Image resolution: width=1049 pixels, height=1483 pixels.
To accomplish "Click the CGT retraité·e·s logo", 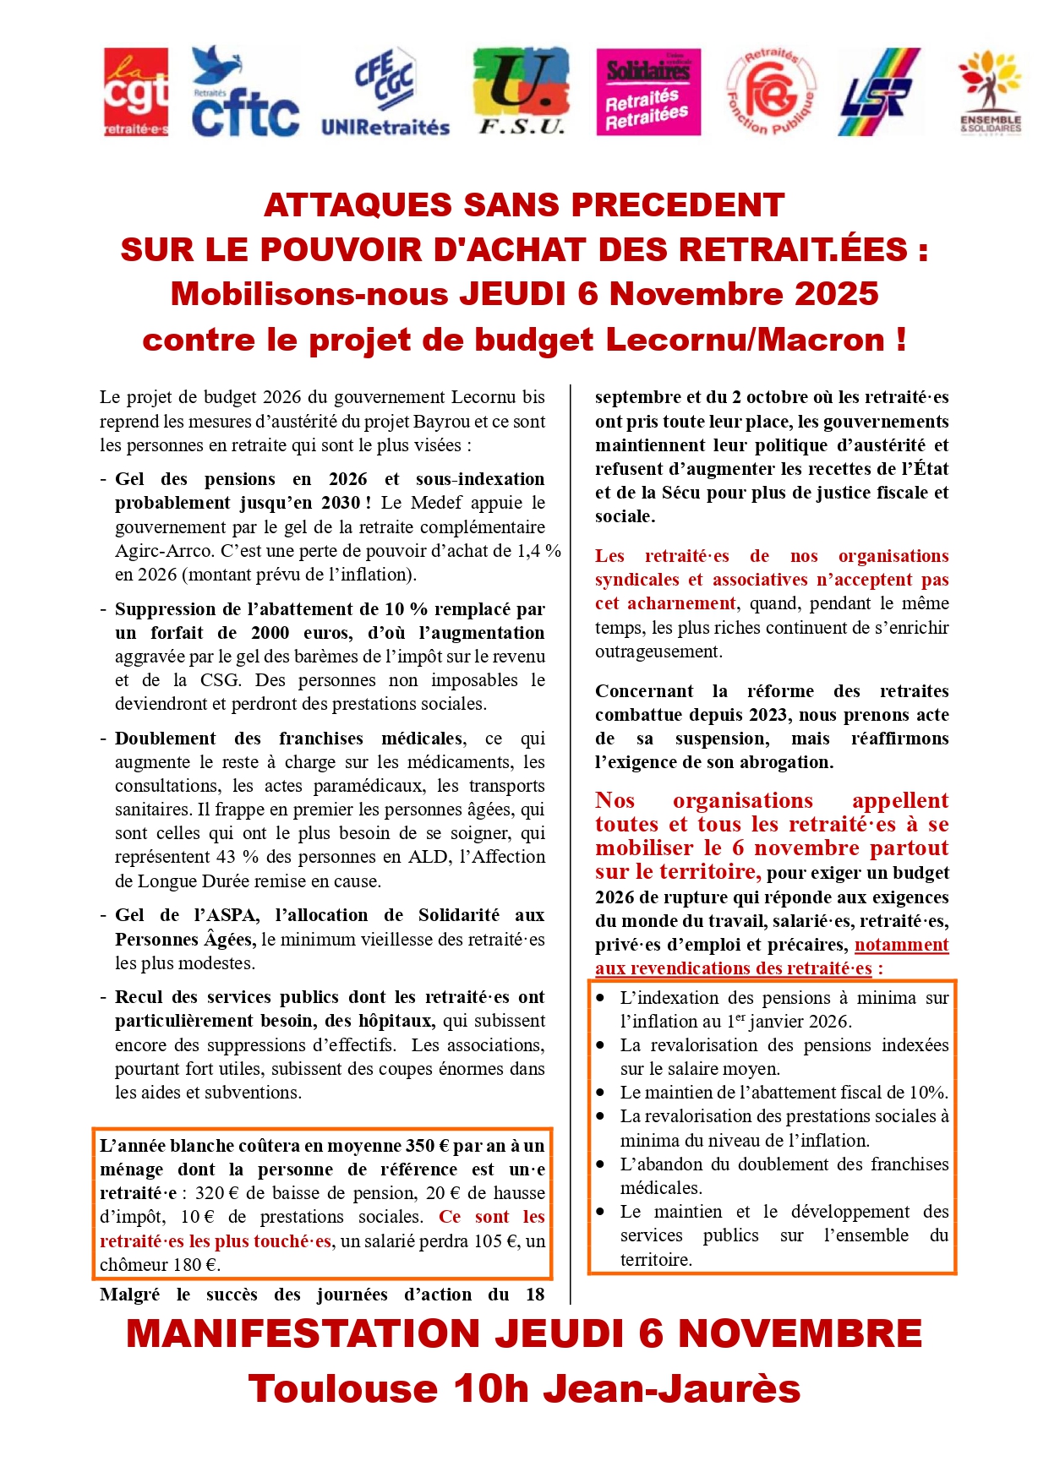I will [x=135, y=92].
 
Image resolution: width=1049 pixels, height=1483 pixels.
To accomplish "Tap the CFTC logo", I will [x=245, y=92].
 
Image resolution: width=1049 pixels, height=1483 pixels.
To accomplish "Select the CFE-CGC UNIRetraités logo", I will [x=385, y=92].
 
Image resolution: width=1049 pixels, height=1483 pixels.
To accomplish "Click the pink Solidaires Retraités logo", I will [x=648, y=92].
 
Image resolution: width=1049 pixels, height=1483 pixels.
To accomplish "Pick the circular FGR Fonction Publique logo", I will [x=771, y=92].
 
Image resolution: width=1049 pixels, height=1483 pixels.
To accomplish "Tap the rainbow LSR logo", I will [x=879, y=92].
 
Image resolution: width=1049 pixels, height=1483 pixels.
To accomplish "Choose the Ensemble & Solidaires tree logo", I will [x=990, y=92].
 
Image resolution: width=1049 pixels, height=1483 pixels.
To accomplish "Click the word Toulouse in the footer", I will [x=341, y=1389].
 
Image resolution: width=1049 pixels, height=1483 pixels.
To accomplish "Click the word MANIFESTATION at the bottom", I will [x=303, y=1333].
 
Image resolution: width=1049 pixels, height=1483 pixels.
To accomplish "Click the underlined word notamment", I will [x=901, y=945].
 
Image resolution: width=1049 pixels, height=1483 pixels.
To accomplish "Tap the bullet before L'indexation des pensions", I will [x=600, y=998].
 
